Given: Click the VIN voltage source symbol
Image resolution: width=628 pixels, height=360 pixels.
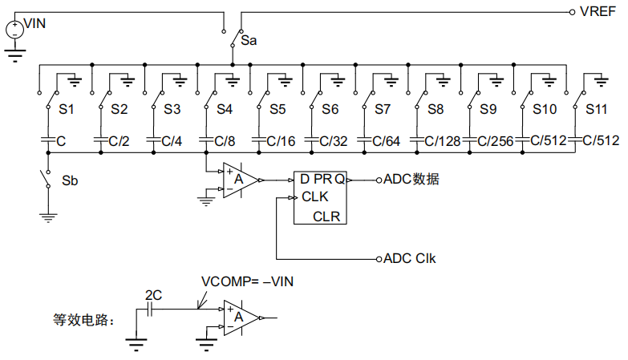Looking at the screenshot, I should (14, 30).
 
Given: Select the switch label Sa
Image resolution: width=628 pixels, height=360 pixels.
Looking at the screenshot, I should (249, 39).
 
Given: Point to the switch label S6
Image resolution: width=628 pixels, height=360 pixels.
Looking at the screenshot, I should (330, 108).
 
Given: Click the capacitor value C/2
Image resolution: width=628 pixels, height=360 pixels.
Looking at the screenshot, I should (118, 140).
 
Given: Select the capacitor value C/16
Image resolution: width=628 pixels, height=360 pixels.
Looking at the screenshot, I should (281, 140).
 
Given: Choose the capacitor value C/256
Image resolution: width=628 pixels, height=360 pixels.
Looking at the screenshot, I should (495, 140).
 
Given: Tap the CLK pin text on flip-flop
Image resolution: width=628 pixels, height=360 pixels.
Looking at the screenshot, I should (314, 197).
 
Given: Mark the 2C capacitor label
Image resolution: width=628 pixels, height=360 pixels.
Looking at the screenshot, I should (153, 295).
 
